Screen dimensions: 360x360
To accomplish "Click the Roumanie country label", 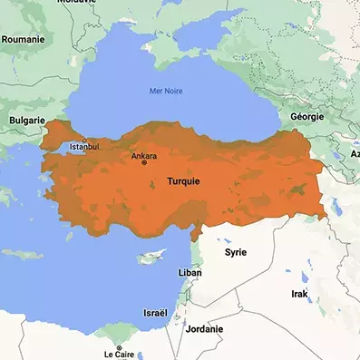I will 24,40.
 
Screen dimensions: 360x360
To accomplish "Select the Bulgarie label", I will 26,120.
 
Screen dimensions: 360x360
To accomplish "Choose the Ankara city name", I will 143,155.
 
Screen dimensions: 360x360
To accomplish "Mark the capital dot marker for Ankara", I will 143,162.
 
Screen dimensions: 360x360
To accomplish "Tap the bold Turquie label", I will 183,181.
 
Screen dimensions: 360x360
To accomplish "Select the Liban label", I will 190,272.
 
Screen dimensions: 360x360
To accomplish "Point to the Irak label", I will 299,295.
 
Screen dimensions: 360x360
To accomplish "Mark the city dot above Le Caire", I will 119,345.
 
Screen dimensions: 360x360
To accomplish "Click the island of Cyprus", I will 151,258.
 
